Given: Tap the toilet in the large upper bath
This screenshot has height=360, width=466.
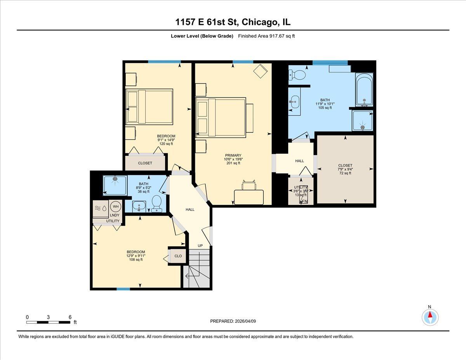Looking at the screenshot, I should (x=297, y=74).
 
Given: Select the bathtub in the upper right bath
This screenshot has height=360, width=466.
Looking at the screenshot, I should (x=364, y=89).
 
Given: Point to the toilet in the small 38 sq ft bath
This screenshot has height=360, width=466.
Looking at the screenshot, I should (x=157, y=203).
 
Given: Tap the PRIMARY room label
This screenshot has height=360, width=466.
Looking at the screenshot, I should (x=233, y=155).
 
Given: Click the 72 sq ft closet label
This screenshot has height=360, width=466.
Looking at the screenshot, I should (x=345, y=165).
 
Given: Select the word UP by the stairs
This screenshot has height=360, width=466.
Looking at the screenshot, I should (x=200, y=245).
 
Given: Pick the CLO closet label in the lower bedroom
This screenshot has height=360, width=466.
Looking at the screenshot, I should (x=178, y=256).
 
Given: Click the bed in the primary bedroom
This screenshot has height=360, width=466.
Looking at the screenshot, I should (x=221, y=117).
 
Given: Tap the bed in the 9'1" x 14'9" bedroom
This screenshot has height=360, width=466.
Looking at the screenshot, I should (x=149, y=106).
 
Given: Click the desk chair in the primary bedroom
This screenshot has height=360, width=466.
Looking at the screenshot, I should (x=249, y=184).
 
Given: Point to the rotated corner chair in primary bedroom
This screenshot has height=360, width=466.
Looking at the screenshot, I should (x=260, y=71).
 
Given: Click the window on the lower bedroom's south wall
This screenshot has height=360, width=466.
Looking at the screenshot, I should (x=123, y=289).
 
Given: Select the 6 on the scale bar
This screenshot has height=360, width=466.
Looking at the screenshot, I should (x=70, y=317).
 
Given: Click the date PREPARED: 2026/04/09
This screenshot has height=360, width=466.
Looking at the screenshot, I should (x=233, y=321).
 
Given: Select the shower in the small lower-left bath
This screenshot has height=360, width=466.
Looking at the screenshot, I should (x=115, y=186).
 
